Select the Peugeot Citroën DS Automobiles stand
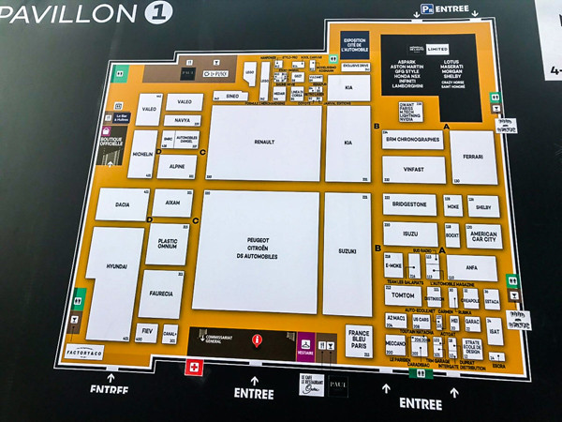click(x=256, y=251)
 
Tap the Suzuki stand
click(x=348, y=252)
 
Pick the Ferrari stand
click(x=472, y=156)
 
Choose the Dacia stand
click(x=122, y=203)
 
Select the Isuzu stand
click(x=410, y=234)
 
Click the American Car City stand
click(x=483, y=235)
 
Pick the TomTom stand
click(x=404, y=294)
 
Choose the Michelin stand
click(x=142, y=153)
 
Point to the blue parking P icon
click(x=426, y=8)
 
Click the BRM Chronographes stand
click(x=412, y=140)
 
